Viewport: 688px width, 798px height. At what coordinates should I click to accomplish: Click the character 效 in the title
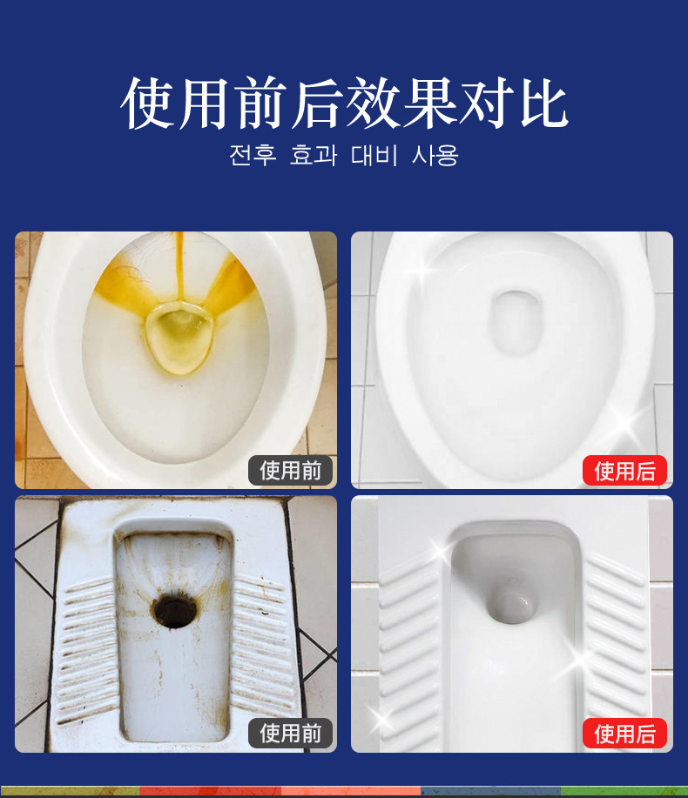point(374,103)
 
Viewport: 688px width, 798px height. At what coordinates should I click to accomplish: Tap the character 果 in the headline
point(429,103)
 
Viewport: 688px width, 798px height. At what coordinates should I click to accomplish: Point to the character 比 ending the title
point(543,103)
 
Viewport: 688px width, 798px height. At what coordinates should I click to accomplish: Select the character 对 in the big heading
point(486,103)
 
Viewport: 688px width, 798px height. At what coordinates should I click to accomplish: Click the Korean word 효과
point(314,155)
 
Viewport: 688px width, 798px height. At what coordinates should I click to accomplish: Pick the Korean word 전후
point(253,155)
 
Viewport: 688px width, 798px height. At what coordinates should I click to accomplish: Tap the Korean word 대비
point(374,155)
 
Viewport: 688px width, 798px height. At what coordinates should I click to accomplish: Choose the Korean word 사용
point(435,155)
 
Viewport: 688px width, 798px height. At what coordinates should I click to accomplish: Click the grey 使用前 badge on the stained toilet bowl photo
point(290,471)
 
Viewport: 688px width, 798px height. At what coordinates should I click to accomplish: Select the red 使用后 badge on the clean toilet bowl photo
point(624,471)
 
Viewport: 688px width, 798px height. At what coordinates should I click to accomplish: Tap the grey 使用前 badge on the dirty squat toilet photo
point(290,734)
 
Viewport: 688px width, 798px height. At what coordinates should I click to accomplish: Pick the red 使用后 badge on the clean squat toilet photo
point(624,734)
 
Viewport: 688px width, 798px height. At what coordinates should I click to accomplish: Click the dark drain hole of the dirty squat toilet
point(173,607)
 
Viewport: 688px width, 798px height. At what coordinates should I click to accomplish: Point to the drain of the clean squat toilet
point(512,604)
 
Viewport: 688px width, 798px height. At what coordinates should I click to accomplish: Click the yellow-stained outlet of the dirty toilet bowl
point(179,337)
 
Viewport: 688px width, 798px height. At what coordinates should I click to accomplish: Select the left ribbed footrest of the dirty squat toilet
point(88,652)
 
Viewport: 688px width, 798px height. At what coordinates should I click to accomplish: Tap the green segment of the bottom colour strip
point(624,792)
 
